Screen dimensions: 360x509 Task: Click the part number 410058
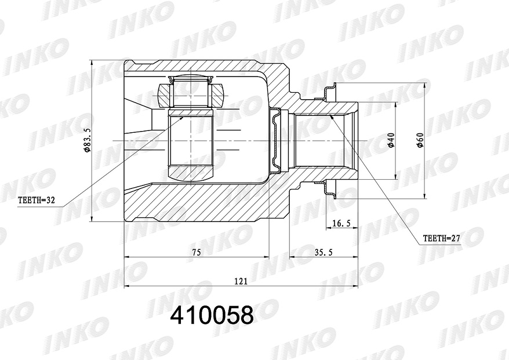pyautogui.click(x=212, y=315)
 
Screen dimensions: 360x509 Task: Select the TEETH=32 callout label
pyautogui.click(x=35, y=201)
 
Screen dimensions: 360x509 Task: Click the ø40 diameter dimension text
pyautogui.click(x=391, y=140)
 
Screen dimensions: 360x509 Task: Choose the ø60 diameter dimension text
pyautogui.click(x=420, y=140)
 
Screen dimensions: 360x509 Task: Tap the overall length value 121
pyautogui.click(x=241, y=281)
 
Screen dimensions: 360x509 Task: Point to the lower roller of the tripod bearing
pyautogui.click(x=191, y=172)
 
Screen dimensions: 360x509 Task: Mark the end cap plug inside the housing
pyautogui.click(x=277, y=140)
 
